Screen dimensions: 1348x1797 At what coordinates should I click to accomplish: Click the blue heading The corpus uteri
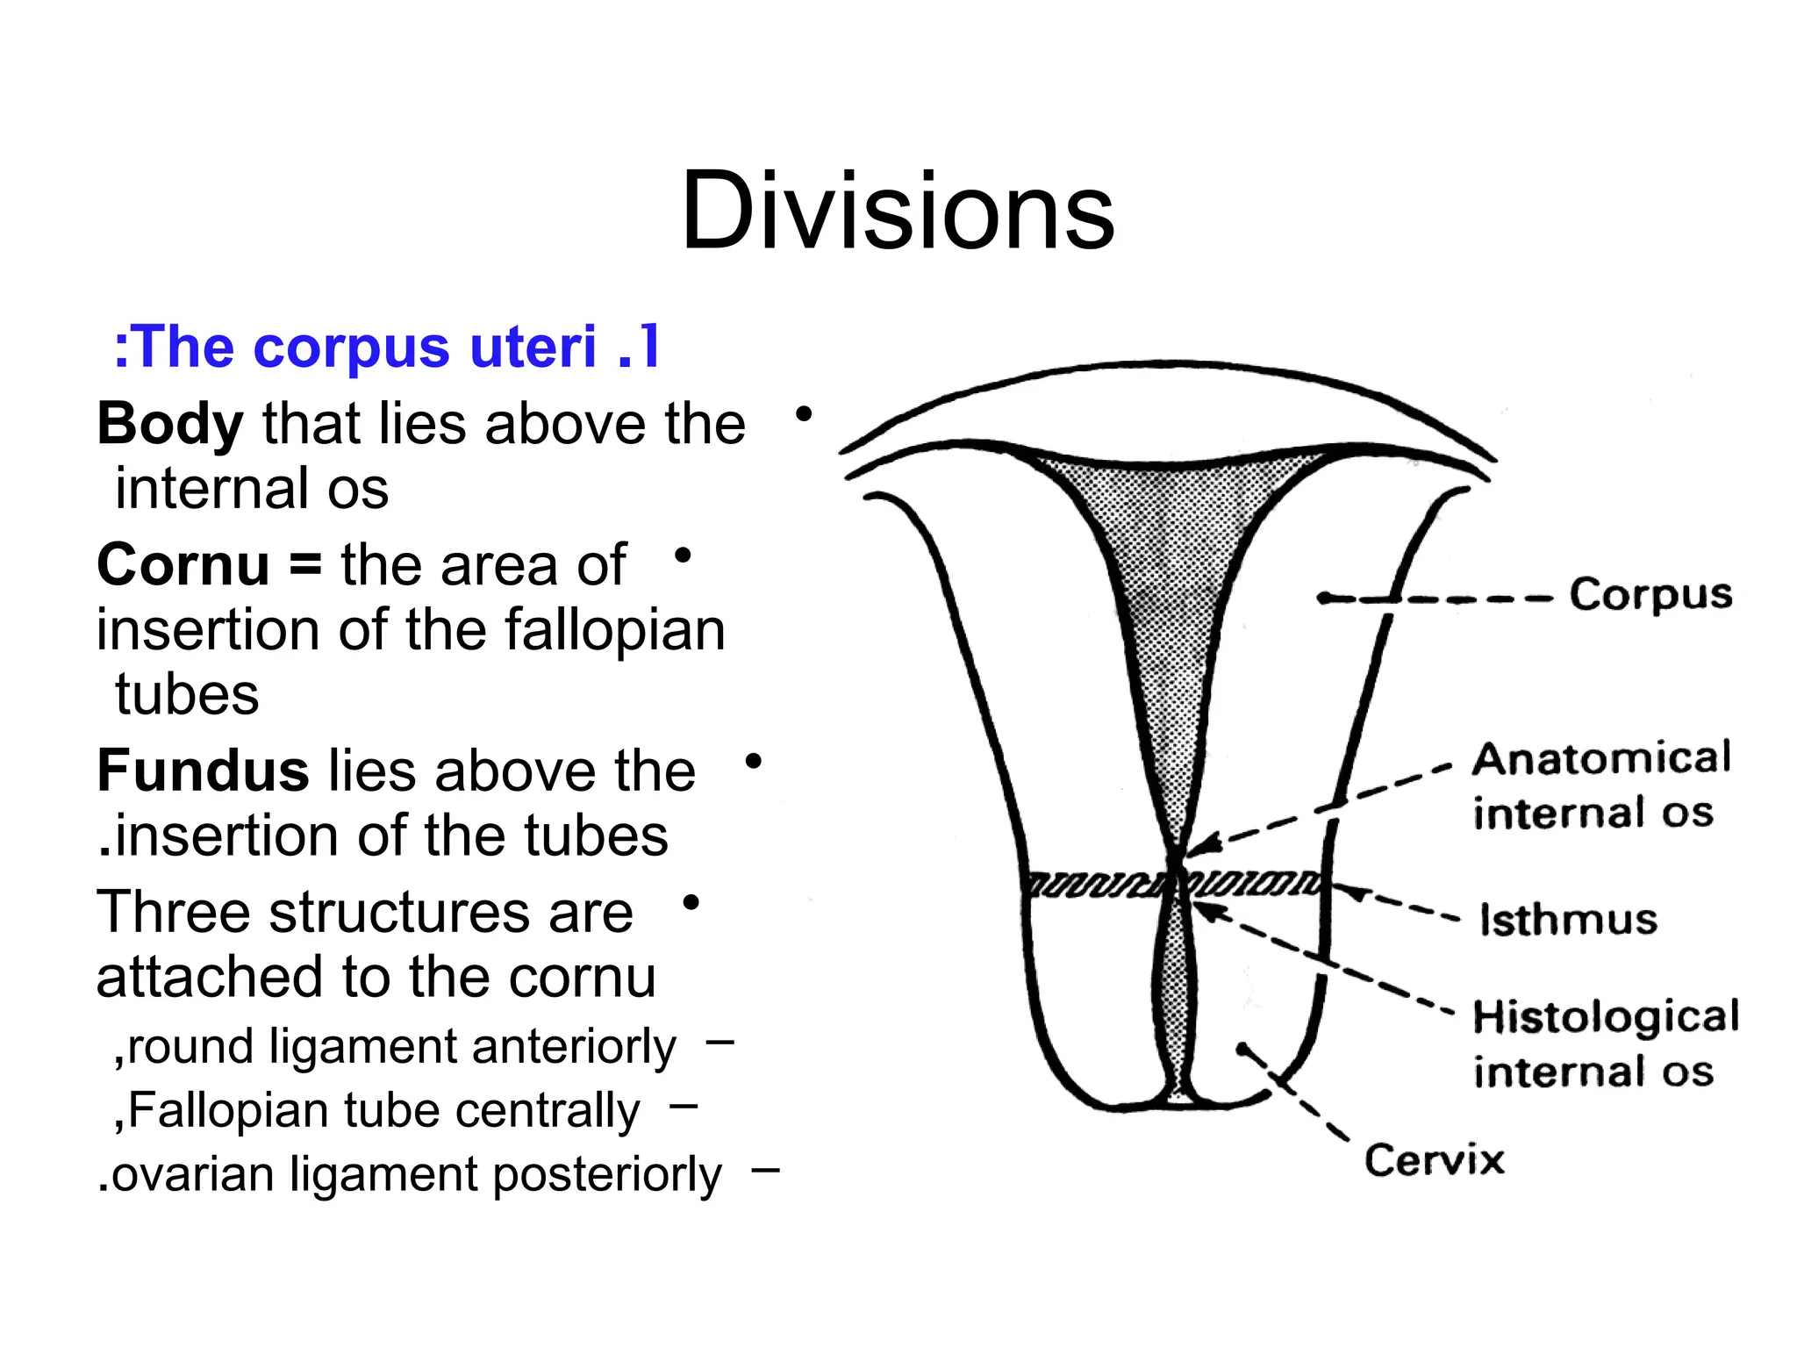(x=386, y=347)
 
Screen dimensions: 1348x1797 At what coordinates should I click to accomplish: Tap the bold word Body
(x=169, y=426)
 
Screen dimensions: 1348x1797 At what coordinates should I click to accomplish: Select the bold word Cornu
(x=183, y=565)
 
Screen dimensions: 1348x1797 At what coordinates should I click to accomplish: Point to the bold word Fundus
(x=203, y=771)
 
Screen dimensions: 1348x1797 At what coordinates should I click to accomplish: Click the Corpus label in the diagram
(x=1650, y=596)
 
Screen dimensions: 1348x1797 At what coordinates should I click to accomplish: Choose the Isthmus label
(x=1568, y=920)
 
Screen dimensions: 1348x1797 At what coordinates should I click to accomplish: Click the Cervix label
(x=1434, y=1160)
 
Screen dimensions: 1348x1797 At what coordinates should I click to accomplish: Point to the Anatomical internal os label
(x=1600, y=785)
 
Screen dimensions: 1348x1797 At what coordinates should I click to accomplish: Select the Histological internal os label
(x=1604, y=1044)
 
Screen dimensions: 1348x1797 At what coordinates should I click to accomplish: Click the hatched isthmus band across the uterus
(x=1097, y=884)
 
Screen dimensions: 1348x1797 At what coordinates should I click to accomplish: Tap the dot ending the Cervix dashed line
(x=1242, y=1049)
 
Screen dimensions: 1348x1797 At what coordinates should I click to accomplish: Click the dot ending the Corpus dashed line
(x=1323, y=599)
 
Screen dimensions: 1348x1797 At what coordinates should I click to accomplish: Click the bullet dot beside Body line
(x=803, y=413)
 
